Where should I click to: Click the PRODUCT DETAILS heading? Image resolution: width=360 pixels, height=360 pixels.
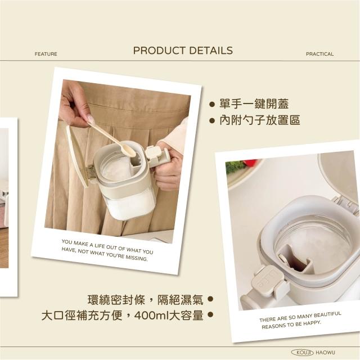coord(183,51)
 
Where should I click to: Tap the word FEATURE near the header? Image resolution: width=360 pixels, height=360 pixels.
coord(46,54)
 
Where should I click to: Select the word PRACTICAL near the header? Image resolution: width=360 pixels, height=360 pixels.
coord(320,54)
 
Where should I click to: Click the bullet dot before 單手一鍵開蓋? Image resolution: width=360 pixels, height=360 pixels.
coord(212,105)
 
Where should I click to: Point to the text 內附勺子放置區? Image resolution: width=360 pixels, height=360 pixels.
coord(260,120)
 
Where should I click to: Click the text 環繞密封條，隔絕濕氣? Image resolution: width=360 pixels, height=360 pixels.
coord(146,300)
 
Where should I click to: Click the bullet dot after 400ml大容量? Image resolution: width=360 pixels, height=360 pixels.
coord(210,314)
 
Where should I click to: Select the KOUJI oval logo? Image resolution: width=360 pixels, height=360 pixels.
coord(302,353)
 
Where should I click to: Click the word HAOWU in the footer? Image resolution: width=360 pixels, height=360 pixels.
coord(325,353)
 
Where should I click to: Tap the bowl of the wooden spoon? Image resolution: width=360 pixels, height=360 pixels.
coord(128,151)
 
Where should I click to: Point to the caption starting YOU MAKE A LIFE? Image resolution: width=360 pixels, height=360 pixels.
coord(107,250)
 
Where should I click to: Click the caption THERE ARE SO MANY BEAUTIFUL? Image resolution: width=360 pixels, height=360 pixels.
coord(300,320)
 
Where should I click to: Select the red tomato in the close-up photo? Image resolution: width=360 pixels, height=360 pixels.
coord(250,163)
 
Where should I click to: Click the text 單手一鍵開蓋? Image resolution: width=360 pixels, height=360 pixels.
coord(254,103)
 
